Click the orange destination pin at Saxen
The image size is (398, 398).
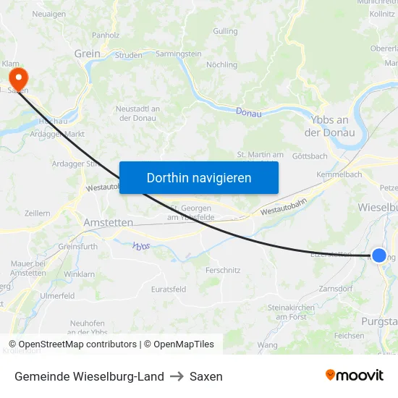click(x=15, y=77)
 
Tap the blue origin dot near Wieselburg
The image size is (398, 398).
click(x=378, y=255)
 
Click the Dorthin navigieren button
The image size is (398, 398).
click(x=199, y=177)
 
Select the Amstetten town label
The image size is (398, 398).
click(x=109, y=222)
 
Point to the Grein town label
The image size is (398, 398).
click(x=87, y=54)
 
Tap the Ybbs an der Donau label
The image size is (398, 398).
click(x=329, y=127)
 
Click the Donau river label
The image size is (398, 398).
click(x=249, y=112)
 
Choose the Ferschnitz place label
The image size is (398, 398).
click(x=223, y=270)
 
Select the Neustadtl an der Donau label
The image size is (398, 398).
click(x=137, y=113)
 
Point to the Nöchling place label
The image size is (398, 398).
click(x=221, y=65)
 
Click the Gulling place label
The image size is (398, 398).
click(x=225, y=31)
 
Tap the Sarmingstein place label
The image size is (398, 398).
click(x=178, y=54)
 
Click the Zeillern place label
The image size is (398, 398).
click(x=37, y=213)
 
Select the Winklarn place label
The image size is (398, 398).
click(x=79, y=274)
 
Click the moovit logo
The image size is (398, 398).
click(x=354, y=375)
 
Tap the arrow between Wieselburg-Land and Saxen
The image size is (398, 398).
click(x=177, y=376)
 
